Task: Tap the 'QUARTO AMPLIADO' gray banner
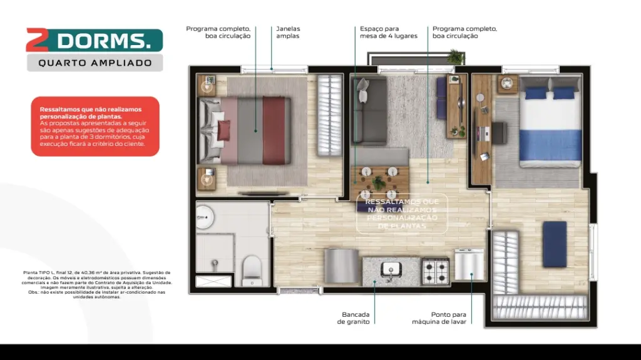click(95, 63)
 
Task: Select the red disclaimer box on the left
click(95, 126)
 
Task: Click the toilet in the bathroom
click(252, 267)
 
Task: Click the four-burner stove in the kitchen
click(436, 270)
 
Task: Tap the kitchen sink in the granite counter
click(392, 270)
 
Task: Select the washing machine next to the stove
click(469, 265)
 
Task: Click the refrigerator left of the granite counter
click(342, 265)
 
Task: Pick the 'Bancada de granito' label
click(356, 318)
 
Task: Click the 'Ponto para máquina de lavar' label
click(439, 318)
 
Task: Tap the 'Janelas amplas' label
click(288, 33)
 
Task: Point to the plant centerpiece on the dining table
click(377, 182)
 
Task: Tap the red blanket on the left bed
click(274, 130)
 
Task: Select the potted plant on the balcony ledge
click(456, 57)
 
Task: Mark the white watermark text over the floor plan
click(402, 213)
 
